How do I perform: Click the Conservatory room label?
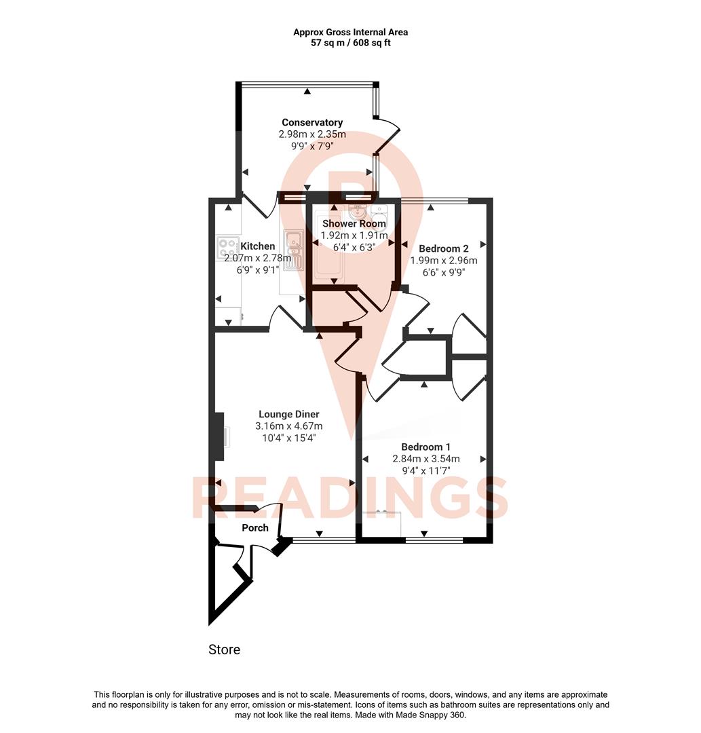(312, 122)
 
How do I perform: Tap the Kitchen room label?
(258, 246)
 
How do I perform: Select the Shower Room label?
(354, 223)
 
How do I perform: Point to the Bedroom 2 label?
(444, 248)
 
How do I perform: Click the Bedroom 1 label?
(425, 447)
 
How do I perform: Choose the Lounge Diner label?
(288, 414)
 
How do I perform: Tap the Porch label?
(255, 527)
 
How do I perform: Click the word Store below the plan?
(224, 650)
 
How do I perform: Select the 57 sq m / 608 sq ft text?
(350, 43)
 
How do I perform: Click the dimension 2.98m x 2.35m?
(312, 134)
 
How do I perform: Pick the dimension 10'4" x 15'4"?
(288, 438)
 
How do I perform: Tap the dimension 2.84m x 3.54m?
(425, 459)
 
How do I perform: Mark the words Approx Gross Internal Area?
(350, 32)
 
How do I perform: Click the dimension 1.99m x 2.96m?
(444, 261)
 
